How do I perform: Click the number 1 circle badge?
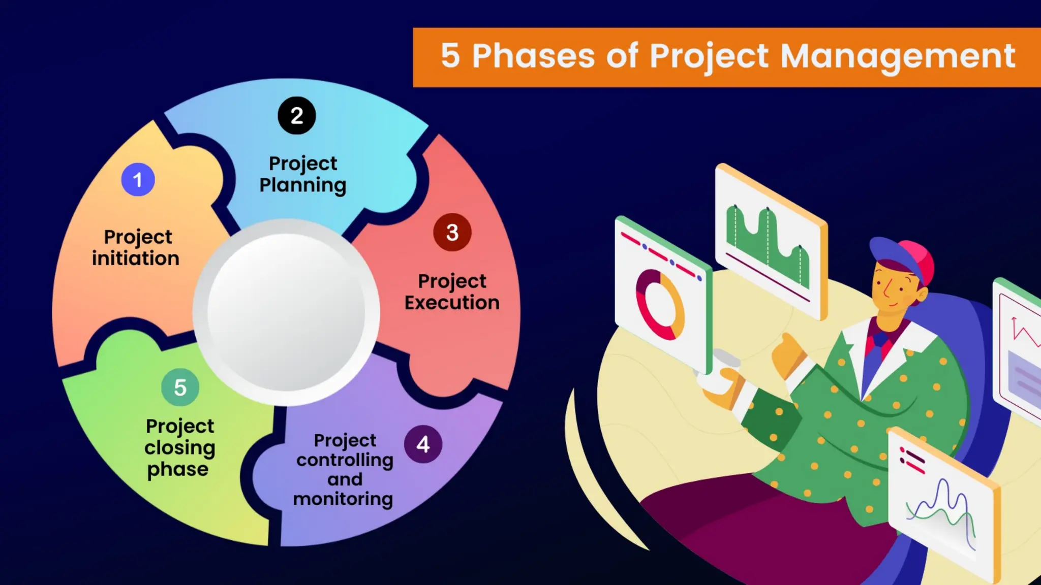point(138,180)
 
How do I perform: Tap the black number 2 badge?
point(297,116)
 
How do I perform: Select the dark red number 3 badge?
point(452,233)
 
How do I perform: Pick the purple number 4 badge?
point(423,444)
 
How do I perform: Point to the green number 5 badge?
point(180,387)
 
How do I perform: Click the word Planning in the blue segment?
point(302,185)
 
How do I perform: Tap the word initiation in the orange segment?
point(136,258)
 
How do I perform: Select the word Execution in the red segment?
point(452,303)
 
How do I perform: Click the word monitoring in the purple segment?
point(343,499)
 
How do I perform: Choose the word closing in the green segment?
point(180,448)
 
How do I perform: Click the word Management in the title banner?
point(898,56)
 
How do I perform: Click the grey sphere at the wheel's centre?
point(286,312)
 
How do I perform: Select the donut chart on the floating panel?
point(660,305)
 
